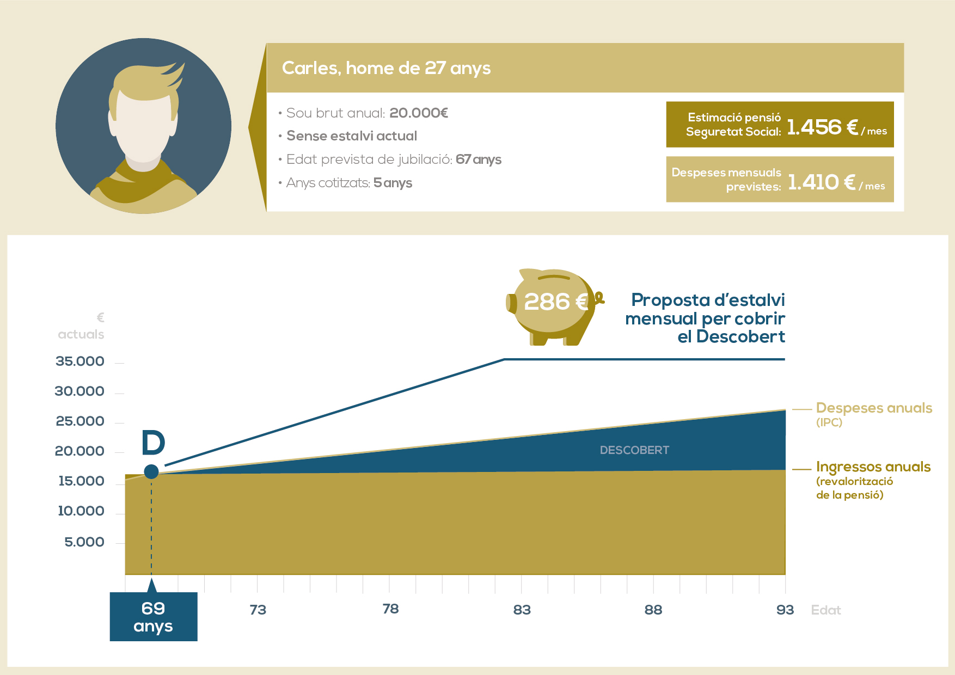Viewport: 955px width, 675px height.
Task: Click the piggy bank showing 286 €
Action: tap(554, 306)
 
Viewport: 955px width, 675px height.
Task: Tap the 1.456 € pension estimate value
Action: tap(822, 127)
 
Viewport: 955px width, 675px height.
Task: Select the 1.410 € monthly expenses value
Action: tap(821, 182)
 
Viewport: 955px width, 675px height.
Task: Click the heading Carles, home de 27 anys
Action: tap(386, 68)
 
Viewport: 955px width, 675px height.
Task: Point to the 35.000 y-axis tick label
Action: tap(79, 361)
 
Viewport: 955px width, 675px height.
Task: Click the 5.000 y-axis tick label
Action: tap(84, 542)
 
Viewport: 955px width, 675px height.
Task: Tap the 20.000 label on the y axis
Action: tap(79, 451)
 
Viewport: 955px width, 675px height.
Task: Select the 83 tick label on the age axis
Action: tap(522, 610)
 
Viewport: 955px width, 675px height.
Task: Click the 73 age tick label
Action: tap(258, 610)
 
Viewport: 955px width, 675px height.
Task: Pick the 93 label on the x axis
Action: tap(785, 610)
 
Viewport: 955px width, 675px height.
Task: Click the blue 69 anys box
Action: tap(154, 617)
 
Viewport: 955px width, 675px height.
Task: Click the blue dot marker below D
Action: tap(151, 471)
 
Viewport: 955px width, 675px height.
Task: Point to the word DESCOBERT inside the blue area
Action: tap(634, 450)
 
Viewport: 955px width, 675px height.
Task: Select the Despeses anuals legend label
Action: tap(874, 408)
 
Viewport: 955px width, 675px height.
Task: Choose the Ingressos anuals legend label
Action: tap(873, 467)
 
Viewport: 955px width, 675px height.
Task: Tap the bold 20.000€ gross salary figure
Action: tap(419, 113)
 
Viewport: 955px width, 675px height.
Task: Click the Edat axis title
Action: tap(826, 610)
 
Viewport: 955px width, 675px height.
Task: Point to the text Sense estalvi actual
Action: tap(352, 136)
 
